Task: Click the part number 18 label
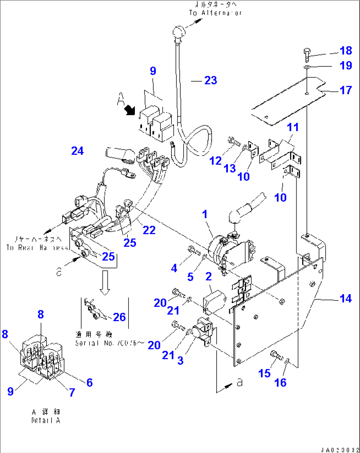point(345,51)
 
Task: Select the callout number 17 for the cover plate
point(345,90)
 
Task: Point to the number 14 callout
point(345,298)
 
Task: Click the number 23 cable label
point(211,80)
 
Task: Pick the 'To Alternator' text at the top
point(215,13)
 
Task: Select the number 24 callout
point(78,151)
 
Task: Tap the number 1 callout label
point(205,214)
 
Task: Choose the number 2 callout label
point(208,276)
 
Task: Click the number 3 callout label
point(180,360)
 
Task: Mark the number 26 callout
point(119,317)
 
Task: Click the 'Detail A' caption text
point(46,421)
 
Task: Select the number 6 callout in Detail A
point(90,383)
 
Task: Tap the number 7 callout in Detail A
point(72,393)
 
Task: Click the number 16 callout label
point(280,383)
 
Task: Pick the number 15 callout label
point(264,373)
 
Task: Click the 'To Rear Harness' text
point(37,247)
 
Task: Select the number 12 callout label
point(215,161)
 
